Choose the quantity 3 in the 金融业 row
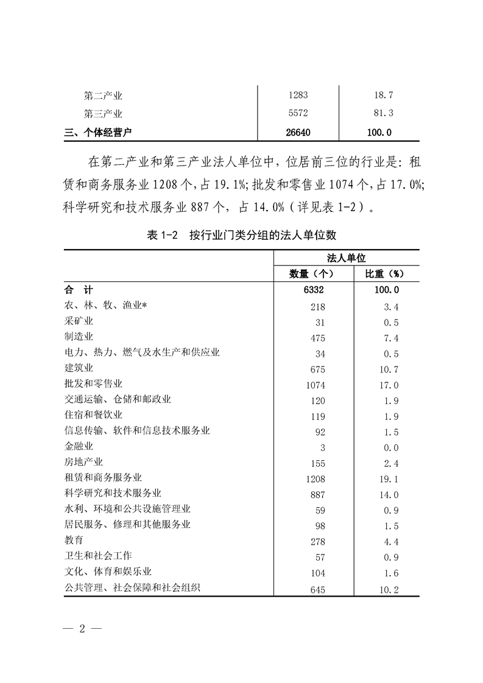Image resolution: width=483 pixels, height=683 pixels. (x=322, y=448)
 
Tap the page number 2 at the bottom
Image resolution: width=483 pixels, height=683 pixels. (x=81, y=629)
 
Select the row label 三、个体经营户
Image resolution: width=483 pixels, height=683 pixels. (x=99, y=131)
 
